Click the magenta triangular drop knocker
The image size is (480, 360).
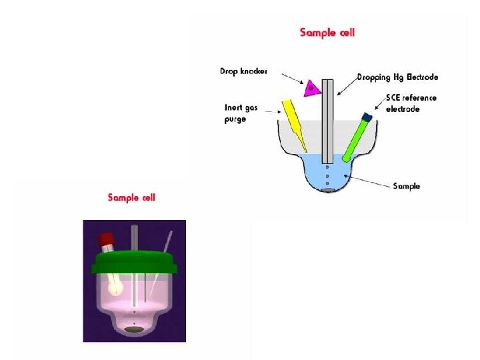(x=311, y=87)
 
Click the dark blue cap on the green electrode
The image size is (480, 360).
(x=366, y=117)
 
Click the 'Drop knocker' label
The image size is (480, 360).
(x=243, y=71)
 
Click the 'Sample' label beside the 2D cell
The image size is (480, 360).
(x=406, y=186)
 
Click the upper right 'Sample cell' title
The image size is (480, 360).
(x=327, y=33)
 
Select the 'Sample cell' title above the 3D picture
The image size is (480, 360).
(x=132, y=197)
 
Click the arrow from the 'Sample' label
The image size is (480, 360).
(x=371, y=181)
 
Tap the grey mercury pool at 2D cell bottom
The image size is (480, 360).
(x=327, y=191)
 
